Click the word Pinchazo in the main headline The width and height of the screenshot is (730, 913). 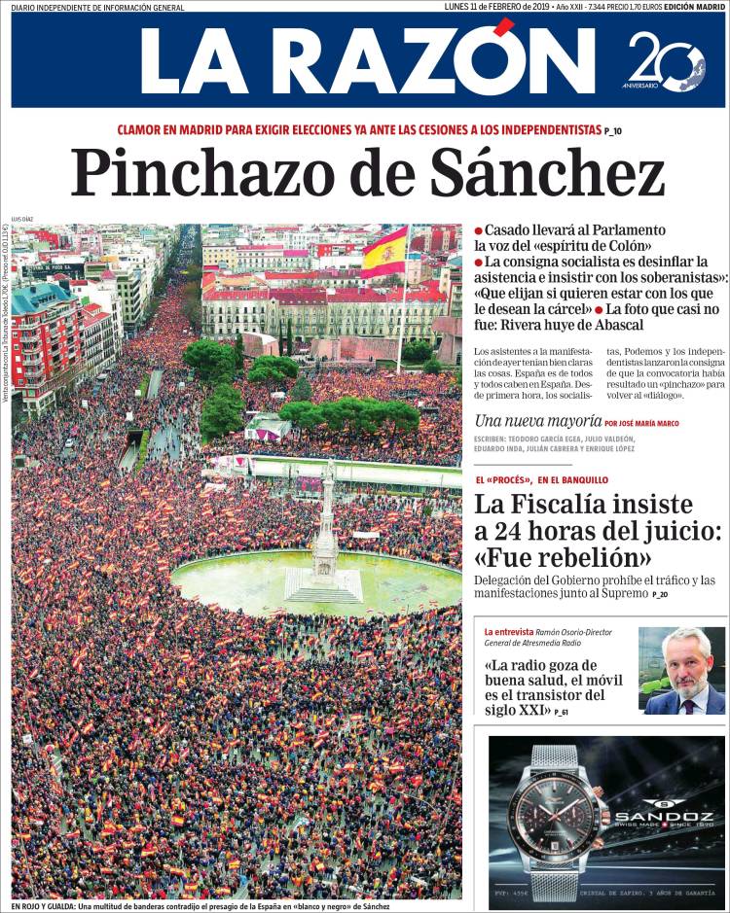point(196,176)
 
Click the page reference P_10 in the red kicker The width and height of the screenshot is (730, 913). point(613,130)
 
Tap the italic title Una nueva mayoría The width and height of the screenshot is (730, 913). point(536,422)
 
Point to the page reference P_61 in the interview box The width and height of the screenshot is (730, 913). point(558,713)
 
